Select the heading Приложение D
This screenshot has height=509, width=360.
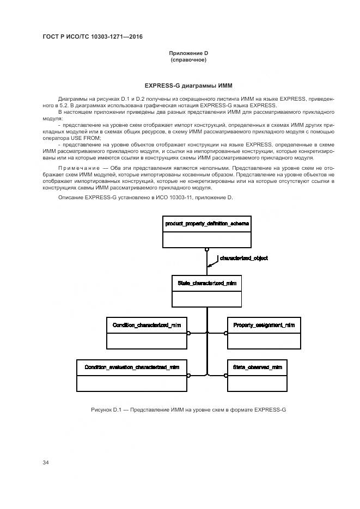(x=188, y=53)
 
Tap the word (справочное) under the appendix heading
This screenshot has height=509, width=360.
(x=188, y=60)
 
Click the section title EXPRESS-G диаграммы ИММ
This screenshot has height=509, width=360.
(x=188, y=85)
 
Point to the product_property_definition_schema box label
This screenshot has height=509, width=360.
(x=206, y=224)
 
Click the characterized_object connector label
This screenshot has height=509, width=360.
(x=243, y=258)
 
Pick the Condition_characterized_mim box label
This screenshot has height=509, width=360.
(x=147, y=325)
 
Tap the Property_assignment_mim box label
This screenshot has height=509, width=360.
(x=264, y=325)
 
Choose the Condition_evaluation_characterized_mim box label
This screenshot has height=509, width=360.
(x=132, y=367)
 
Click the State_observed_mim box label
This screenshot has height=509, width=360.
(x=257, y=367)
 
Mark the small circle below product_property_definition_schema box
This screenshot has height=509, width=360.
(x=207, y=250)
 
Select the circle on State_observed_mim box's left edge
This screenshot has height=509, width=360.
(x=225, y=375)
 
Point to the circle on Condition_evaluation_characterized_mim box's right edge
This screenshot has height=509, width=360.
(x=188, y=375)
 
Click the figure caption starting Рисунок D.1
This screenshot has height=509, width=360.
(x=188, y=409)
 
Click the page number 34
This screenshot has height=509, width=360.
(x=46, y=462)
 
